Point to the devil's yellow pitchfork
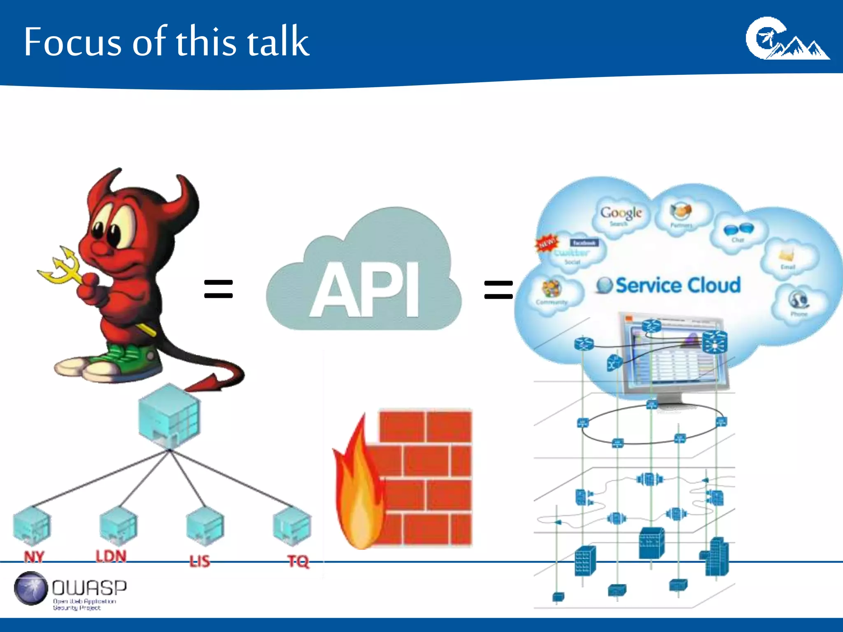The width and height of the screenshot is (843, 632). coord(62,267)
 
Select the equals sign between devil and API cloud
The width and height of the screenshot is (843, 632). coord(219,288)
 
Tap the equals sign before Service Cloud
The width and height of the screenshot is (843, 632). coord(498,289)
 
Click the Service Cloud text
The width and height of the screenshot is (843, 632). coord(678,285)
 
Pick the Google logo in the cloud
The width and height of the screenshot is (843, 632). coord(621,213)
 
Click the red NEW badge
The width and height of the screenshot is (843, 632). coord(547,243)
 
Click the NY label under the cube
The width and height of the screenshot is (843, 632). coord(34,557)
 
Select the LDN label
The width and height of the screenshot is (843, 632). coord(111,556)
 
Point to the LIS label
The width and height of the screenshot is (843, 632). coord(200,561)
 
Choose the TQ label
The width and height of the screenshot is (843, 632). coord(298,561)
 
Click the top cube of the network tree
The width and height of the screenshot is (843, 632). coord(169,416)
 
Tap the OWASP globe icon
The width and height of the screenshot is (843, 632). coord(30,588)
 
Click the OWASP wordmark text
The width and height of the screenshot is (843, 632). coord(89,588)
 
